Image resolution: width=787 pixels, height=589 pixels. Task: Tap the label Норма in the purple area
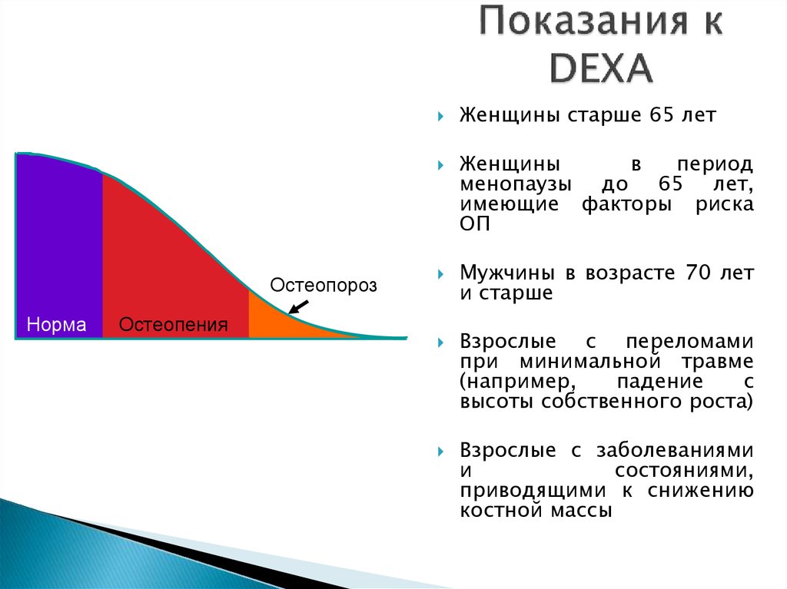(56, 325)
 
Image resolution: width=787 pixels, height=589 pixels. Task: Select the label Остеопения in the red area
(173, 325)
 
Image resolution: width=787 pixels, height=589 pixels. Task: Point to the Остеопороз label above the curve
(324, 286)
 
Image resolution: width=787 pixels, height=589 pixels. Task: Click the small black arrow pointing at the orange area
(297, 308)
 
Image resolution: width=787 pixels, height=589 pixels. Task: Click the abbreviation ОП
(473, 225)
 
